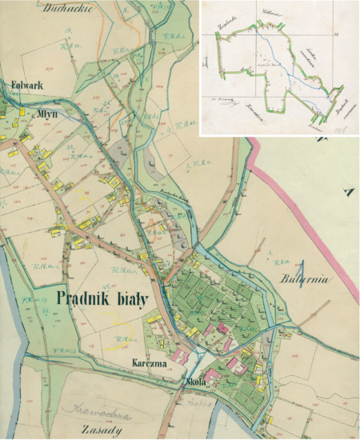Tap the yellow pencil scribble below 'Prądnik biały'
pos(125,323)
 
